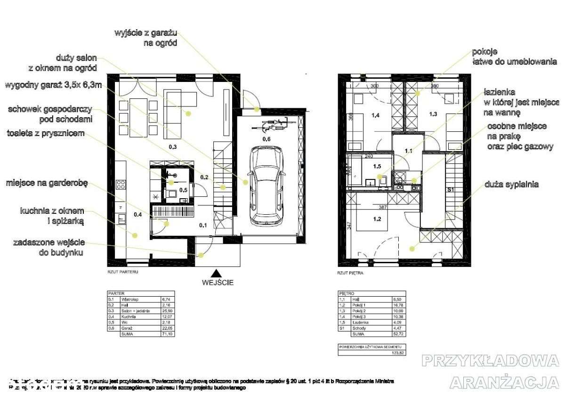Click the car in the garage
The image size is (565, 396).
click(267, 185)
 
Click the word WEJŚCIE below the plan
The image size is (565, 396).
click(217, 283)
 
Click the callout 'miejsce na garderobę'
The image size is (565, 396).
click(47, 183)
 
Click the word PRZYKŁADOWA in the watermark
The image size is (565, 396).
click(490, 361)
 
